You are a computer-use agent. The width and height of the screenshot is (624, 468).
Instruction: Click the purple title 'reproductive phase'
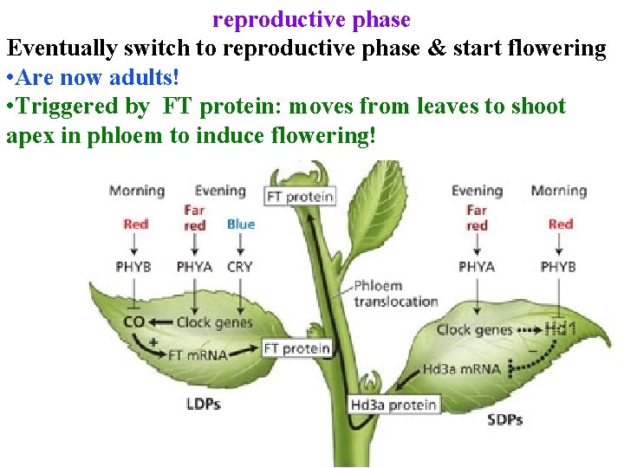click(x=312, y=18)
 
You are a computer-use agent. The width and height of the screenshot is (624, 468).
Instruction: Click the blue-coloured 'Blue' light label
click(x=240, y=224)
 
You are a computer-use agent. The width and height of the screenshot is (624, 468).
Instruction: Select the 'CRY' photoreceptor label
click(x=240, y=267)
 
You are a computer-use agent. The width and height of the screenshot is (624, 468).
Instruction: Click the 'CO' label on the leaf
click(x=133, y=322)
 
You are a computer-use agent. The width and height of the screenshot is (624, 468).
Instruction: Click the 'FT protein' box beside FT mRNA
click(x=297, y=348)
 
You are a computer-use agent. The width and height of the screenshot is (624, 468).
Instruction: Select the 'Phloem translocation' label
click(x=395, y=294)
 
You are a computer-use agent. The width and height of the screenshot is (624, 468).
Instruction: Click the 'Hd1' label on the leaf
click(x=562, y=329)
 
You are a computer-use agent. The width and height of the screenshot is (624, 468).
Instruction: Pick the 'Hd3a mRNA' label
click(x=461, y=369)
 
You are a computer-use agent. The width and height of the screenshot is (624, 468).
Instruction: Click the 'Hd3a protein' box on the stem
click(x=394, y=405)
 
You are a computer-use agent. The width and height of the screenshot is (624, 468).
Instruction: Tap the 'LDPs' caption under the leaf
click(x=203, y=404)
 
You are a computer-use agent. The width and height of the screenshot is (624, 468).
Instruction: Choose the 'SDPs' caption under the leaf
click(x=504, y=419)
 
